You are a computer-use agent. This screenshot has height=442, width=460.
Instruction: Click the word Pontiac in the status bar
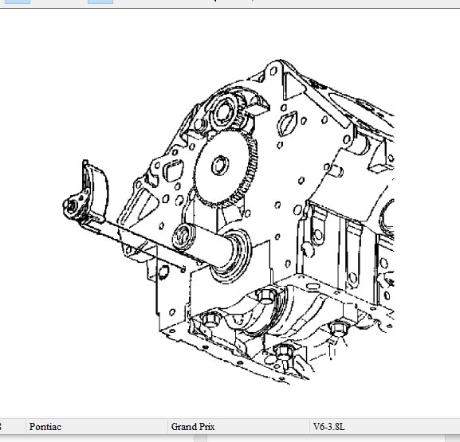(45, 426)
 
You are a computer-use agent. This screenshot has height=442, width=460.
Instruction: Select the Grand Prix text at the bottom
(193, 426)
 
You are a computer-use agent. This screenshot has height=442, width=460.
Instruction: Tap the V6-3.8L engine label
(328, 426)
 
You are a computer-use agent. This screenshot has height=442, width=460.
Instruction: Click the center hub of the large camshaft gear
(220, 166)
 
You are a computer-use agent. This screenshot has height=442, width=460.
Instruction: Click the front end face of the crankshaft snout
(183, 237)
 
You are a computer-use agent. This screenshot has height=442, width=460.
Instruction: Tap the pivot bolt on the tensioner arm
(71, 206)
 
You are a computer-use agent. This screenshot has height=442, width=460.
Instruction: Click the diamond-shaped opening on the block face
(285, 126)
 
